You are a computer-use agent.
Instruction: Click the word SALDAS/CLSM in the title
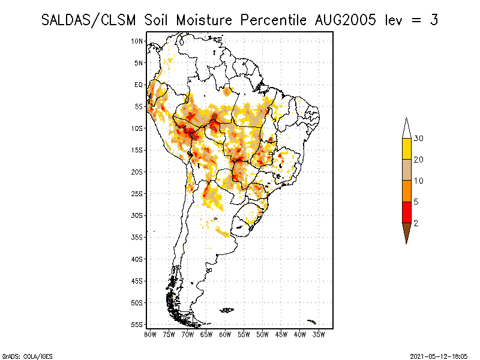90,20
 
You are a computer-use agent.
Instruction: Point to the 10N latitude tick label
137,41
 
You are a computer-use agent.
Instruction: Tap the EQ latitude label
139,85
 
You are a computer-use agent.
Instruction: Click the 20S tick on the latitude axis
137,172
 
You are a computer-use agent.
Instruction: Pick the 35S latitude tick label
137,237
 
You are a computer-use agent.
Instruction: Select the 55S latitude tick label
137,325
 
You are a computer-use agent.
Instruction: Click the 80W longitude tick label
150,334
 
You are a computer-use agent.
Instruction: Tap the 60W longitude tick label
225,334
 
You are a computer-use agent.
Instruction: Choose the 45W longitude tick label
281,334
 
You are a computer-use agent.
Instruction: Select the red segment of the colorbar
406,212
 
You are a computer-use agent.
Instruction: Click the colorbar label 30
419,139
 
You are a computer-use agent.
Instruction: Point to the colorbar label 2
416,223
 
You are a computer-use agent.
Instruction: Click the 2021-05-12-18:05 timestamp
438,356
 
